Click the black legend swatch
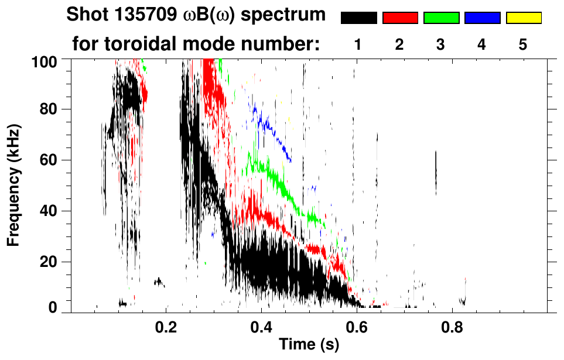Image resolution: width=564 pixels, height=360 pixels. [358, 18]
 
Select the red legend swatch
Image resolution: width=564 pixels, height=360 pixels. [400, 18]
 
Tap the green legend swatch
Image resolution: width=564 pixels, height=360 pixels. [441, 18]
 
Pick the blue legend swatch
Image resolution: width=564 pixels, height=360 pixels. [482, 18]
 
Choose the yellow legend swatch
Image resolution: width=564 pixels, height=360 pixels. [524, 18]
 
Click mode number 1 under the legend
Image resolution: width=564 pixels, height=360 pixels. [358, 44]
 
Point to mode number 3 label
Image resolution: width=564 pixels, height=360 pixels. [441, 44]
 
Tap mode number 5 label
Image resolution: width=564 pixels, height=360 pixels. [524, 44]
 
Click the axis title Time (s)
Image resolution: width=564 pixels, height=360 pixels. [309, 345]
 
